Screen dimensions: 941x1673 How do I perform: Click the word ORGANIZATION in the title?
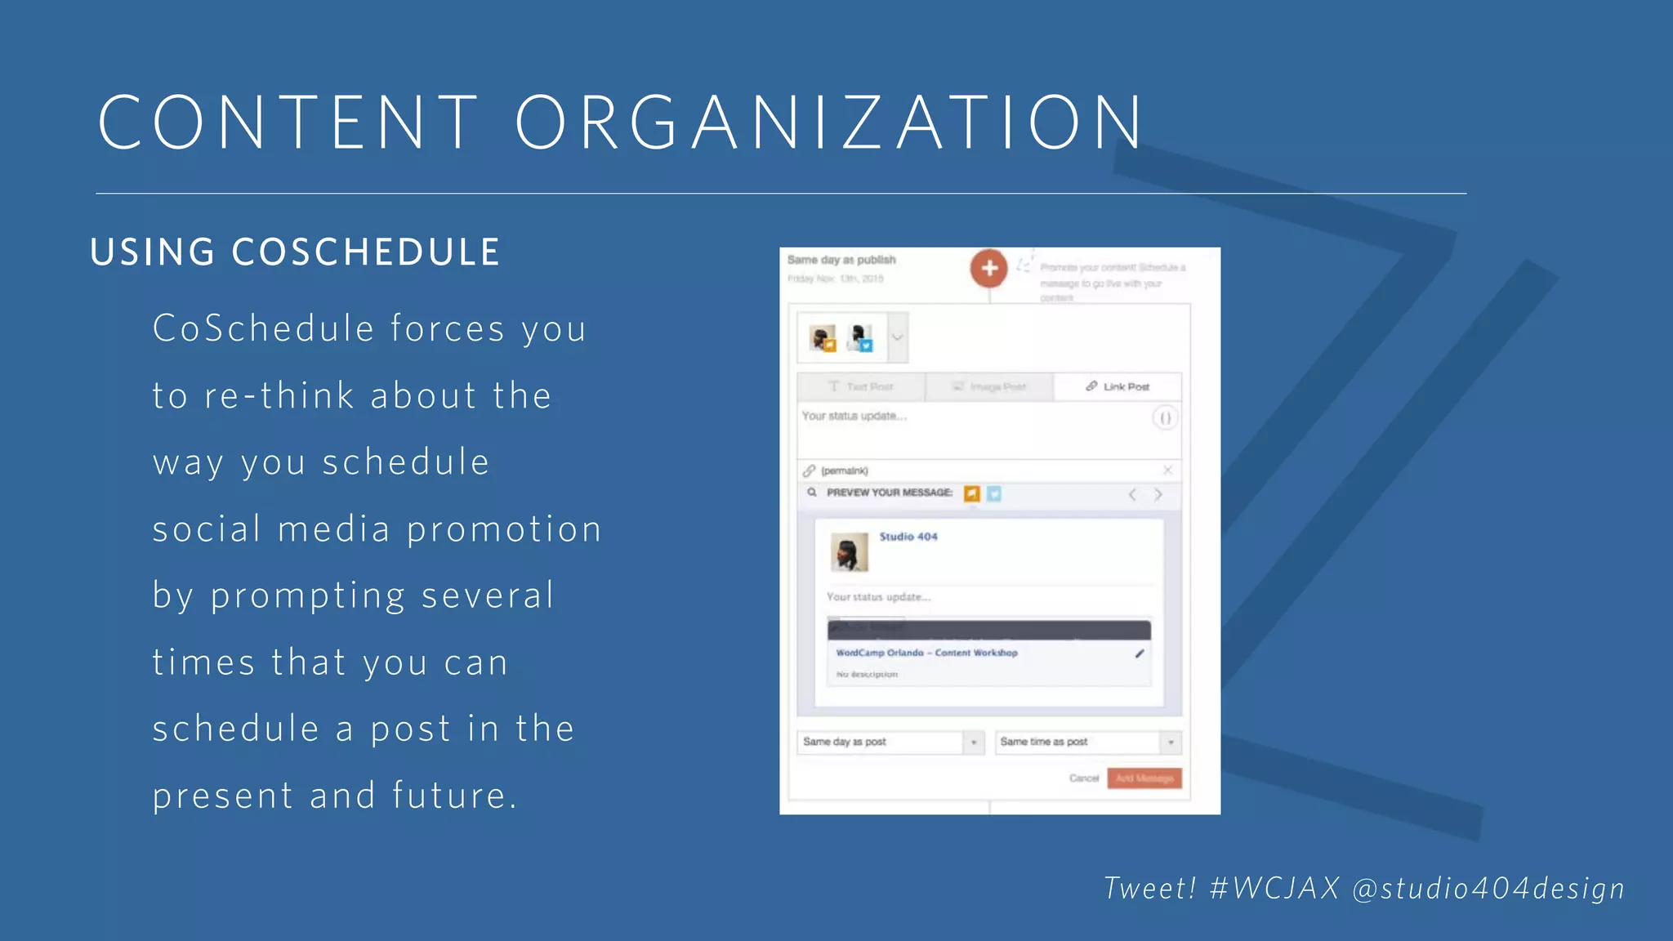[829, 123]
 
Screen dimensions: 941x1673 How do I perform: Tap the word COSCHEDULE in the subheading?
[365, 252]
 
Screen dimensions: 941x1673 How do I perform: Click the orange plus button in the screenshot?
[988, 268]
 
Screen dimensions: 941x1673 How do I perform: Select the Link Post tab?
[1118, 386]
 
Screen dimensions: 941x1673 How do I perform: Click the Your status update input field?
[972, 429]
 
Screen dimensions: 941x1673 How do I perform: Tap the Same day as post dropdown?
[890, 742]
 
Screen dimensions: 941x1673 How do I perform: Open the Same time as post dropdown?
[1087, 742]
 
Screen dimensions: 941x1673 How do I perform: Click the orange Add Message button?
[1144, 778]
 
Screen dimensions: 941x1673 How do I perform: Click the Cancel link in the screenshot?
[1083, 778]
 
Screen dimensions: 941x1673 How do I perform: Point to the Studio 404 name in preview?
[908, 537]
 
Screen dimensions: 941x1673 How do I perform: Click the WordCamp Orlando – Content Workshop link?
[926, 653]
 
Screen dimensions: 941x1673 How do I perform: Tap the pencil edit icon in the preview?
[1140, 653]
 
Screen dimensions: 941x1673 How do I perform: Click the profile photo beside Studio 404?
[849, 552]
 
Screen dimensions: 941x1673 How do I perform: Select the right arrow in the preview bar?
[1158, 494]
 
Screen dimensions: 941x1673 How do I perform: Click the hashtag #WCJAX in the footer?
[1274, 888]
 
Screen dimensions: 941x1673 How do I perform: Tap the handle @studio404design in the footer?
[1488, 888]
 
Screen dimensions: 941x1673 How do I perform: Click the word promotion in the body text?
[504, 529]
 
